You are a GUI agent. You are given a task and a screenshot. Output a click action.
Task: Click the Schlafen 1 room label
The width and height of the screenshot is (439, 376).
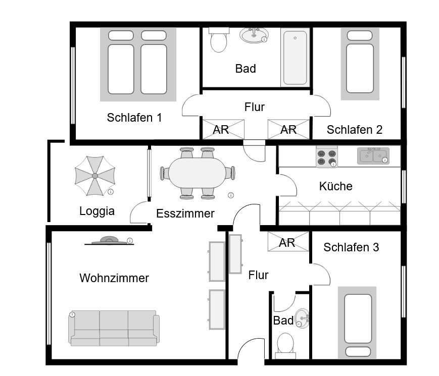[134, 118]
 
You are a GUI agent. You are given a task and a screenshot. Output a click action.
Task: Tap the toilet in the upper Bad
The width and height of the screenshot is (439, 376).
[219, 40]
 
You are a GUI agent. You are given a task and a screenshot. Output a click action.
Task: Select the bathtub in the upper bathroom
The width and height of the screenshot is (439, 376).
[295, 58]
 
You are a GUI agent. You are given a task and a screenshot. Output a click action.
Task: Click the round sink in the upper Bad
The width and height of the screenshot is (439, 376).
[254, 35]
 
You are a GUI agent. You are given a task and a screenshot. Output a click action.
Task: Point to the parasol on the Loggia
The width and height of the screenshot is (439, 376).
[95, 176]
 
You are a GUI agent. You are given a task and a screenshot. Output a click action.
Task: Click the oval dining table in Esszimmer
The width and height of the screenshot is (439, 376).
[197, 173]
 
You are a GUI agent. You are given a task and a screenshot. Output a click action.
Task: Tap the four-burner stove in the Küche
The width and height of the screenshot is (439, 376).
[327, 157]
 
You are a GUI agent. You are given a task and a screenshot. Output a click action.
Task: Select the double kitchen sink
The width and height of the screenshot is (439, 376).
[373, 155]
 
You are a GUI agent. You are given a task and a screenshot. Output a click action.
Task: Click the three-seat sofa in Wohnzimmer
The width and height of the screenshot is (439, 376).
[114, 328]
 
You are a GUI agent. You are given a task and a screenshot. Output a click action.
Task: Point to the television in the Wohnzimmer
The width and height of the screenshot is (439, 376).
[109, 241]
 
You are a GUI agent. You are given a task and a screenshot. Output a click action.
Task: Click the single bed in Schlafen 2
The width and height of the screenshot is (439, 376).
[360, 64]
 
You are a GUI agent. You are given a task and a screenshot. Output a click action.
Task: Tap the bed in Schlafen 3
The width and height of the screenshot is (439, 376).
[357, 323]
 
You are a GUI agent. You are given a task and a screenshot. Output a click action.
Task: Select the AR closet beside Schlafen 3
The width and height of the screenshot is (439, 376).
[288, 241]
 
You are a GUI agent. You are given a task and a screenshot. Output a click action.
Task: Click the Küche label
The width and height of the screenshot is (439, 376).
[335, 186]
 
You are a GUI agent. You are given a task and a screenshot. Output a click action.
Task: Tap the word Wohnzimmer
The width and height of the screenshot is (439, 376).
[114, 278]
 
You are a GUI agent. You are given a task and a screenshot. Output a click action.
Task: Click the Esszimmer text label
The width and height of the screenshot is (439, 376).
[185, 213]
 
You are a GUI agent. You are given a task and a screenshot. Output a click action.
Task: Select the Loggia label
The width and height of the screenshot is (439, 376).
[97, 211]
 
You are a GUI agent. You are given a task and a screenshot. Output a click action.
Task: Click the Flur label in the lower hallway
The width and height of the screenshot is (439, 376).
[259, 275]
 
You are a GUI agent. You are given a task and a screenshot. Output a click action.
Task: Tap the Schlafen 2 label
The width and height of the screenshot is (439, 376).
[355, 130]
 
